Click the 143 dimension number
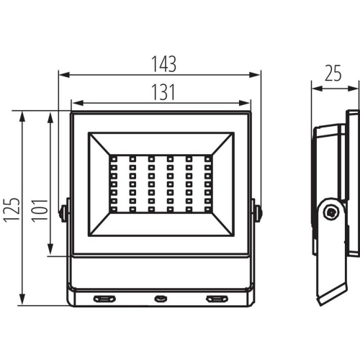[x=164, y=64]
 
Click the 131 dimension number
[x=163, y=92]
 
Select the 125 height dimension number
[x=12, y=210]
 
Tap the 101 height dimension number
[x=40, y=210]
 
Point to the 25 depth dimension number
[x=333, y=73]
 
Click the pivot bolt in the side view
[x=332, y=212]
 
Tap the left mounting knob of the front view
[x=63, y=212]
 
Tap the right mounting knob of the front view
[x=258, y=212]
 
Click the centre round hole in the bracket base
[x=161, y=299]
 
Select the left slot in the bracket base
[x=104, y=299]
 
